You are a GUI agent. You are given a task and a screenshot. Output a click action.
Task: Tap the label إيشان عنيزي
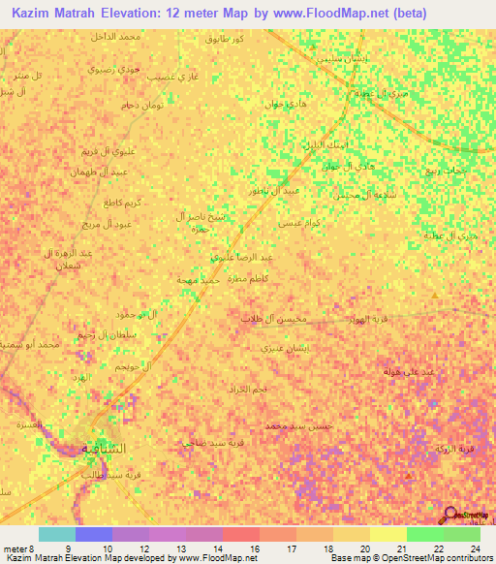[x=286, y=345]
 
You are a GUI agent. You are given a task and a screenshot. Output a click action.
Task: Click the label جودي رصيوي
[x=111, y=70]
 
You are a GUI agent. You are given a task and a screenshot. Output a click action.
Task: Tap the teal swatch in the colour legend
[x=56, y=534]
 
